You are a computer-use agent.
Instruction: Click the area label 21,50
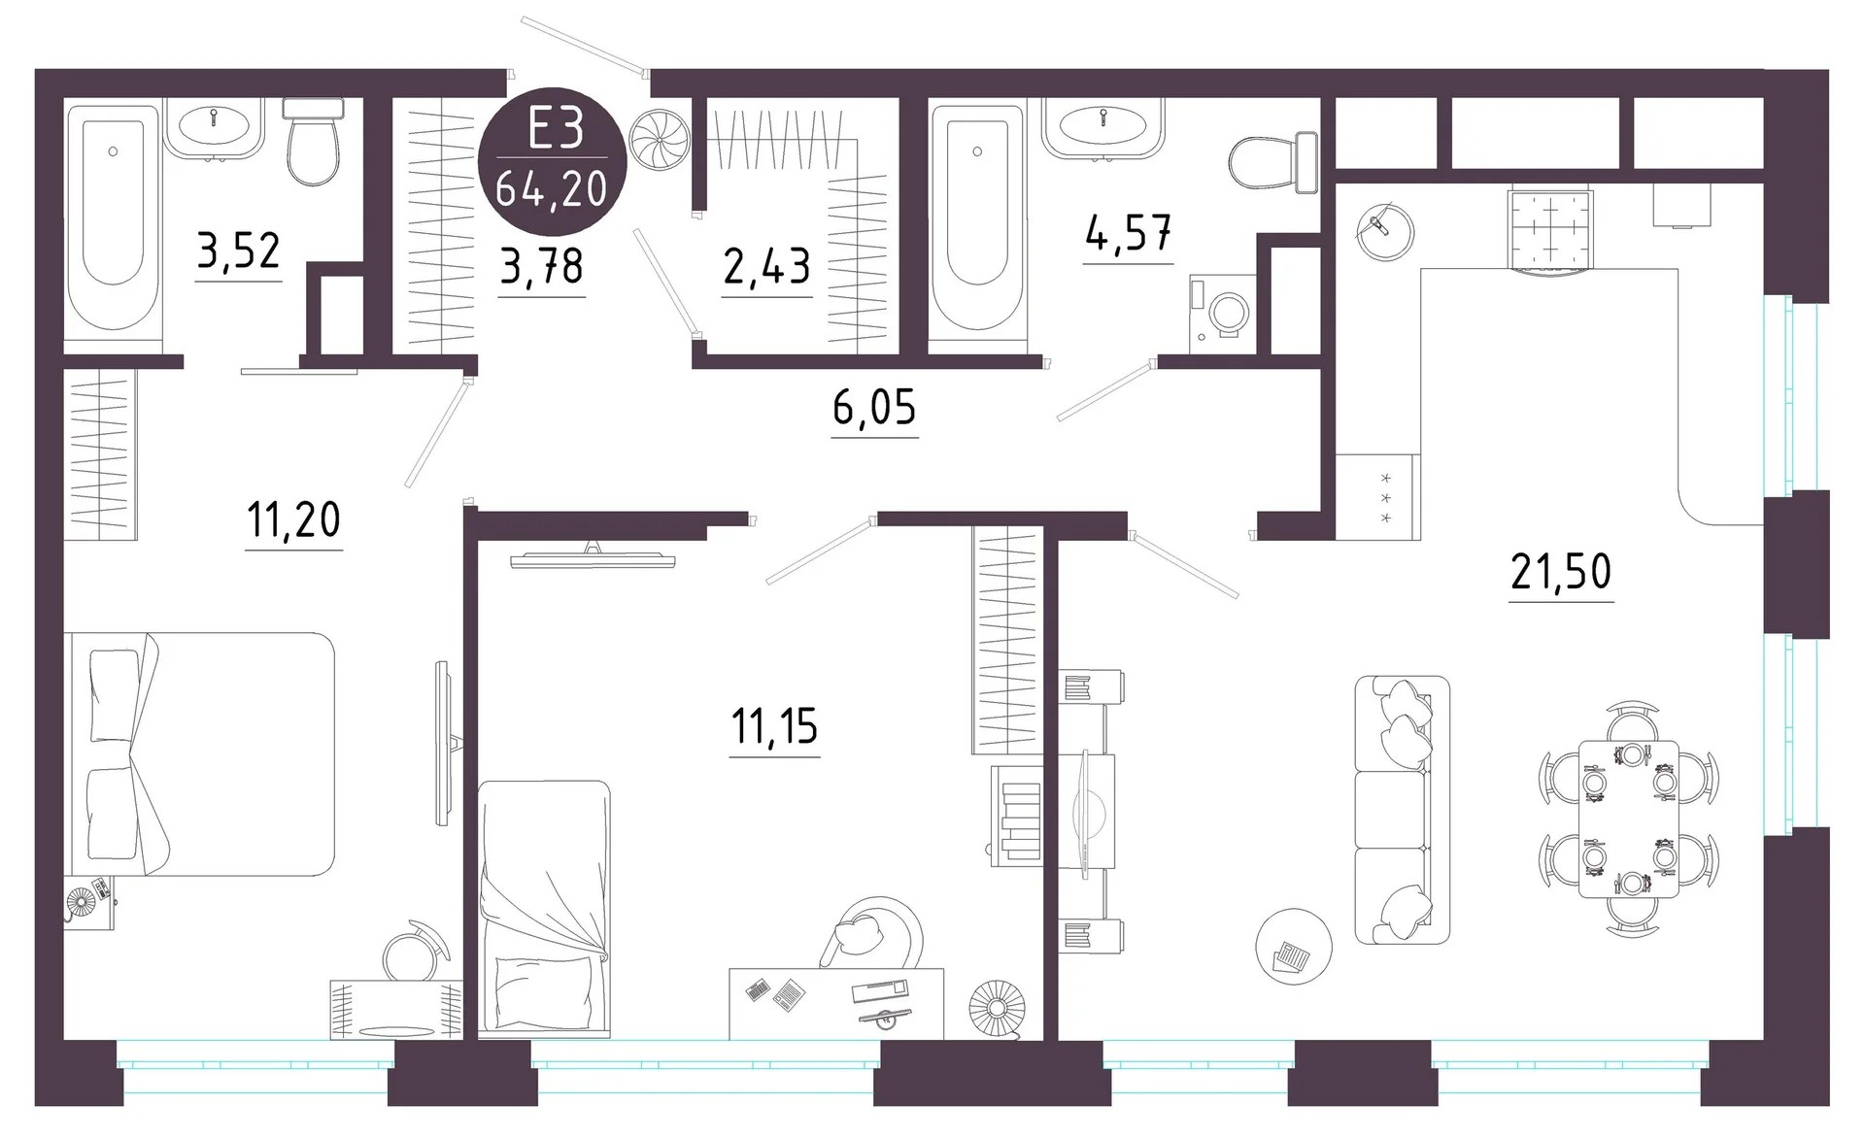(x=1561, y=572)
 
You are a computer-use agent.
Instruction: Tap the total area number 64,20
(x=552, y=188)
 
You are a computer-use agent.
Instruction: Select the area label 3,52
(x=238, y=251)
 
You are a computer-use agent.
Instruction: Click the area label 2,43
(x=766, y=266)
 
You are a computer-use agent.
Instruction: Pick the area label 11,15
(x=774, y=726)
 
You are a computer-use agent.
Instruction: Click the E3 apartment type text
(x=556, y=130)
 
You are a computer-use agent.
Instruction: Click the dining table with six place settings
(x=1629, y=819)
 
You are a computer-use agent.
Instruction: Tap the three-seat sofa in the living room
(x=1402, y=810)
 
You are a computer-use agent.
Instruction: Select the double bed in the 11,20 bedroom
(x=199, y=754)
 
